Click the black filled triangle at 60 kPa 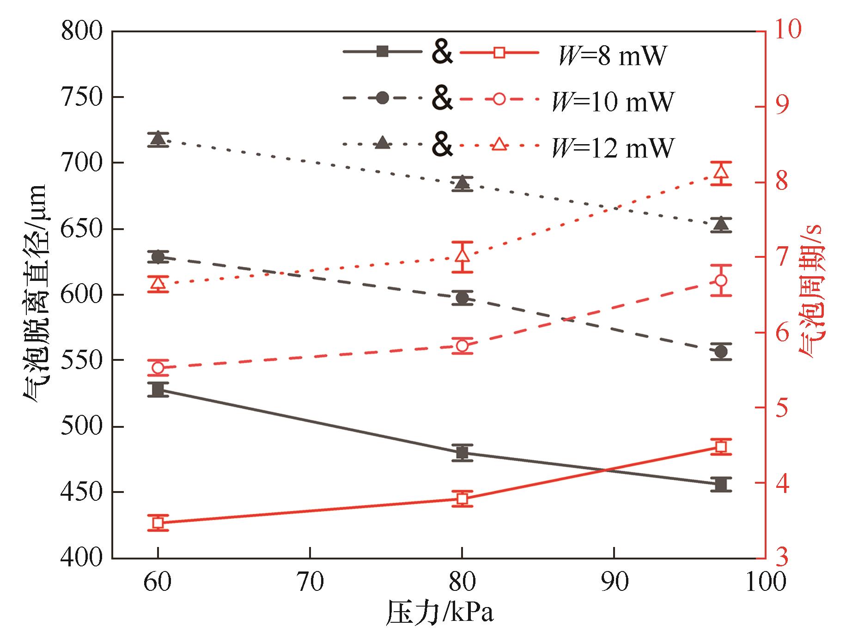pyautogui.click(x=158, y=139)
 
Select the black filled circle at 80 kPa pyautogui.click(x=462, y=298)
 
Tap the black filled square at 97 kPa pyautogui.click(x=721, y=484)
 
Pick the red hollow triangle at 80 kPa pyautogui.click(x=462, y=255)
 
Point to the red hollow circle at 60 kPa pyautogui.click(x=158, y=368)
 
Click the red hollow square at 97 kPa pyautogui.click(x=721, y=447)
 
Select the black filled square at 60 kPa pyautogui.click(x=158, y=389)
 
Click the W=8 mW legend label pyautogui.click(x=612, y=56)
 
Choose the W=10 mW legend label pyautogui.click(x=613, y=102)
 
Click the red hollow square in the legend pyautogui.click(x=499, y=52)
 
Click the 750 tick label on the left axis pyautogui.click(x=81, y=97)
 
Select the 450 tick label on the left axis pyautogui.click(x=81, y=492)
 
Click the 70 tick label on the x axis pyautogui.click(x=310, y=583)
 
